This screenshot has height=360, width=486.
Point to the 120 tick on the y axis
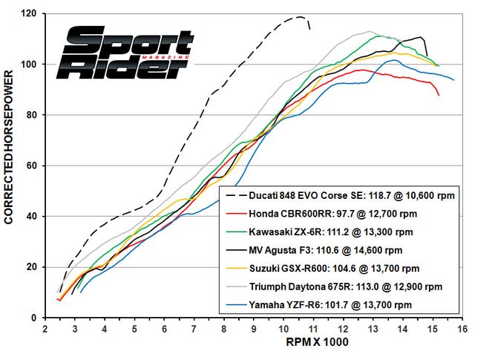coord(30,14)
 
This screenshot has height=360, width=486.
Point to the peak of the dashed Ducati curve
coord(300,16)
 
